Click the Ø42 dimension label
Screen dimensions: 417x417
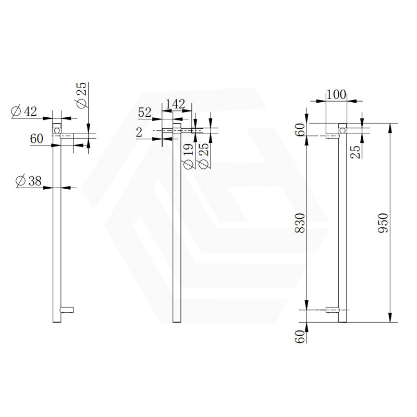[x=23, y=111]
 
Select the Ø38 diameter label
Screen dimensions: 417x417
[x=29, y=181]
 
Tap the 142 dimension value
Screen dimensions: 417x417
[x=175, y=104]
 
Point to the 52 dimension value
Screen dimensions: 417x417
[x=144, y=113]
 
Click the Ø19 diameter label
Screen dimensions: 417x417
[x=189, y=156]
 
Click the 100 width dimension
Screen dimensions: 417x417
[x=336, y=94]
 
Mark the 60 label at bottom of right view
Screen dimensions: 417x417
[x=300, y=336]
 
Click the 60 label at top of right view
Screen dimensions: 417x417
[x=300, y=130]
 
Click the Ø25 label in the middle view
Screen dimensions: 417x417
[x=204, y=156]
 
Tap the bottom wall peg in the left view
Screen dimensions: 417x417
[x=68, y=310]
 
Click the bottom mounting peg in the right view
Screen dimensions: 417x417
[x=332, y=311]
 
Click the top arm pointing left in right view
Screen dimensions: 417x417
[x=332, y=136]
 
